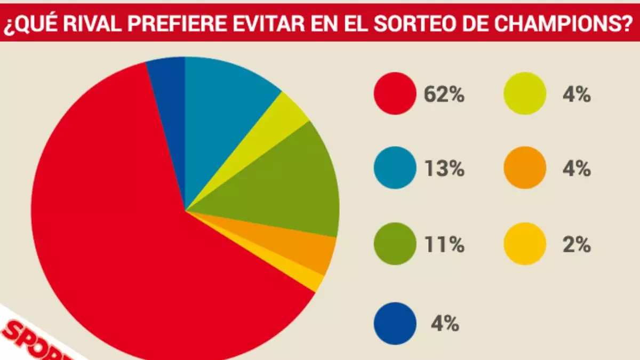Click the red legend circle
pos(395,94)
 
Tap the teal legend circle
pos(395,169)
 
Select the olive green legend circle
pos(395,244)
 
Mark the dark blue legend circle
pos(395,323)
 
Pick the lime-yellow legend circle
pos(525,94)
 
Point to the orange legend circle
pos(525,169)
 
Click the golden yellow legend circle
pos(525,244)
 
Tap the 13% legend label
pos(444,169)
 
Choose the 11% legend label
pos(444,245)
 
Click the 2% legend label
pos(575,245)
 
